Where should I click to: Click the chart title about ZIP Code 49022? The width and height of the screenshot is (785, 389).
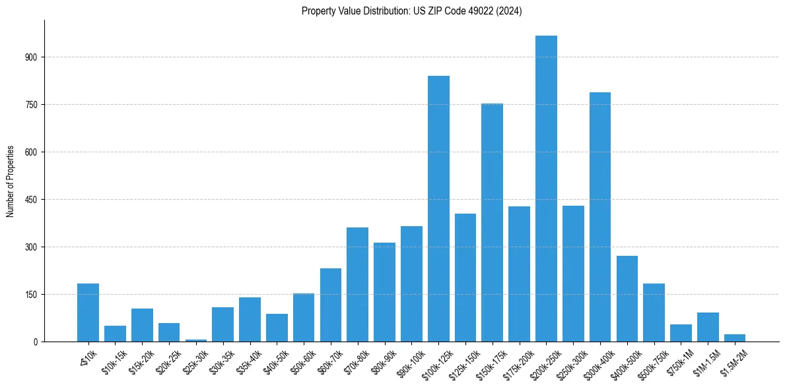coord(411,11)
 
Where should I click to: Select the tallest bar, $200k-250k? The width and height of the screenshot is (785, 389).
coord(546,189)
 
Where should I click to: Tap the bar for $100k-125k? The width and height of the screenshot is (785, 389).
coord(438,208)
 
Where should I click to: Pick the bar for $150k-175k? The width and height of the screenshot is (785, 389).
coord(492,222)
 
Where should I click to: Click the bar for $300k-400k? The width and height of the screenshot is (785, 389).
coord(600,217)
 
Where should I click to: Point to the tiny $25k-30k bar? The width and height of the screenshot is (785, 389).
coord(196,340)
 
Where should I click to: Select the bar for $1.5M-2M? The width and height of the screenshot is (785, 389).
coord(735,338)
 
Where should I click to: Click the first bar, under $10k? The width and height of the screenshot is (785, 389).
coord(88,313)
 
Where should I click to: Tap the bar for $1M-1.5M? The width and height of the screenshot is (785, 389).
coord(708,327)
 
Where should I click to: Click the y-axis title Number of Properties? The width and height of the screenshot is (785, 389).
coord(10,181)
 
